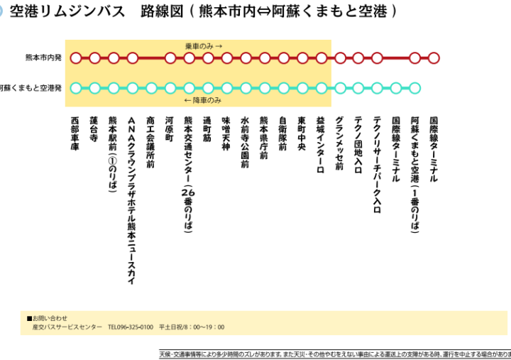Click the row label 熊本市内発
click(x=43, y=58)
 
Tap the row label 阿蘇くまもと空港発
click(x=31, y=88)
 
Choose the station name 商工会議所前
click(x=150, y=143)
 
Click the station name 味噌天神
click(x=226, y=133)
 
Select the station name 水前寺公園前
click(x=245, y=143)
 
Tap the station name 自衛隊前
click(x=282, y=133)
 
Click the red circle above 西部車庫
click(x=76, y=58)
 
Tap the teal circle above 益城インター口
click(x=321, y=88)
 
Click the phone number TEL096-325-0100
click(x=131, y=327)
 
